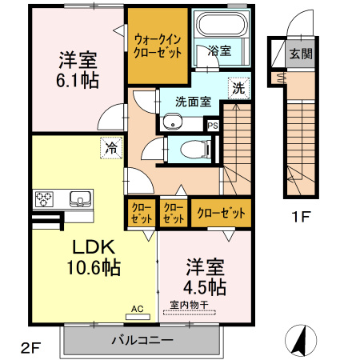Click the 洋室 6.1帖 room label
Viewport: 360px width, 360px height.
pyautogui.click(x=78, y=69)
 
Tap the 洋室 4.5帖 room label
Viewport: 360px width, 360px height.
pyautogui.click(x=206, y=276)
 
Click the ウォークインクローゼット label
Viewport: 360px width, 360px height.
pyautogui.click(x=158, y=45)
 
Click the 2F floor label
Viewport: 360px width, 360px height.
pyautogui.click(x=30, y=347)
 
